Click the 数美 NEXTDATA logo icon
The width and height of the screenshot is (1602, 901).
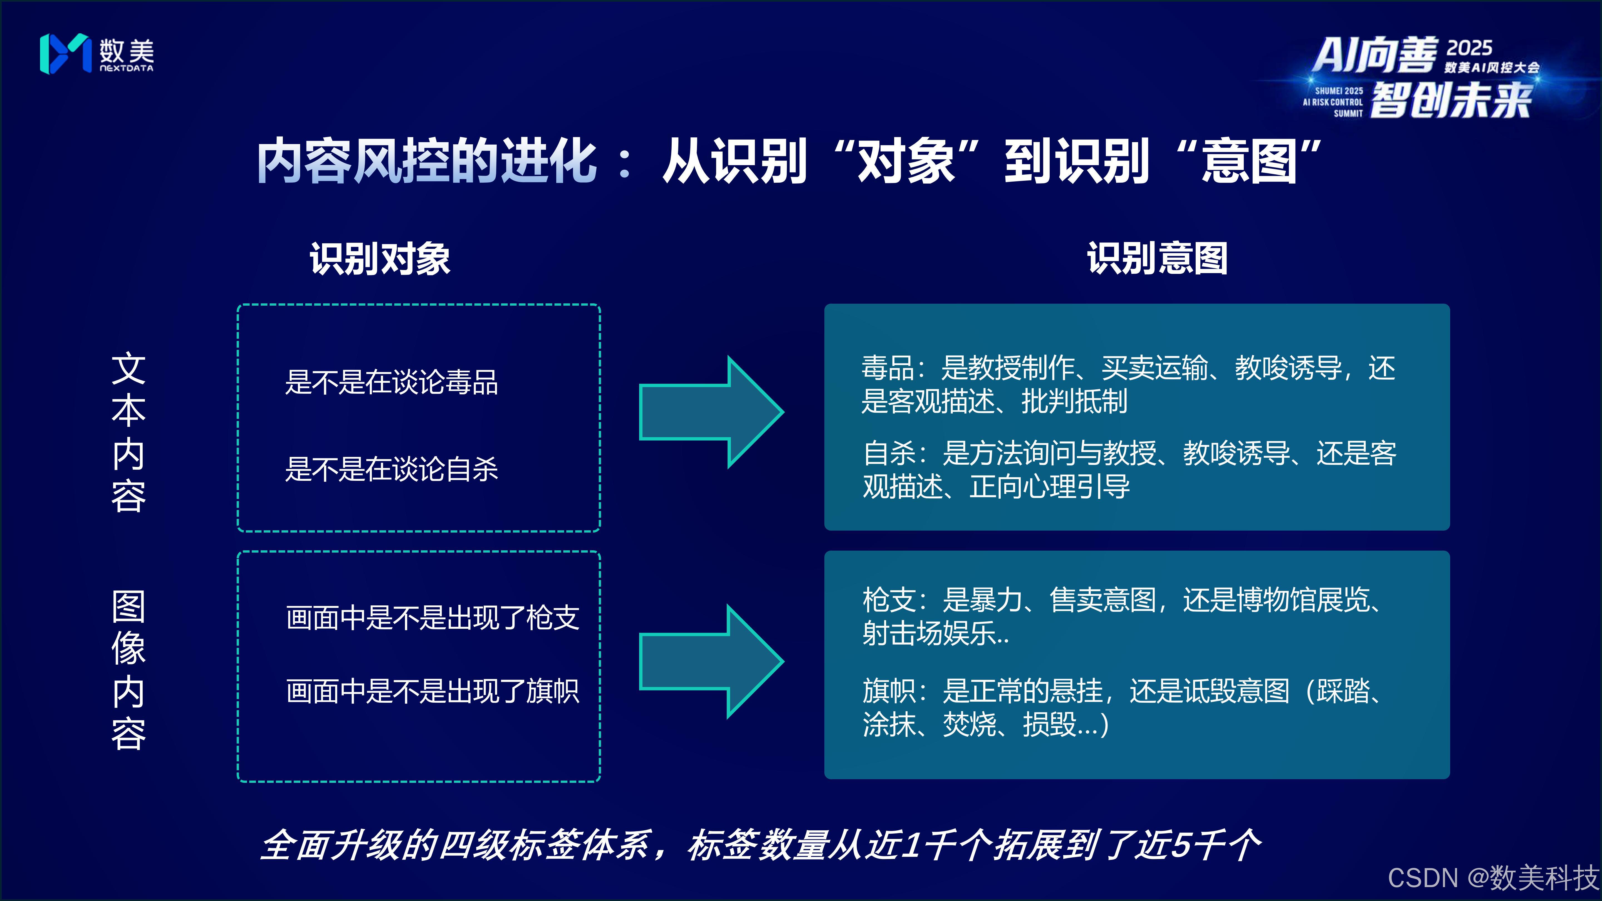pos(65,53)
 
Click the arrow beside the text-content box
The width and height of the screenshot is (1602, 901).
pos(711,412)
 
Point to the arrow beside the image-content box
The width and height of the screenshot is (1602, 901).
pos(711,661)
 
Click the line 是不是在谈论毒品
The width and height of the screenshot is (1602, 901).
pos(391,382)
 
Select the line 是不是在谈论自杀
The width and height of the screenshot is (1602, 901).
pos(391,469)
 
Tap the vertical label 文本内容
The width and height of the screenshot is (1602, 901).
pos(129,432)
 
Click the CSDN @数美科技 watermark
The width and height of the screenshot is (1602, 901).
pos(1492,877)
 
